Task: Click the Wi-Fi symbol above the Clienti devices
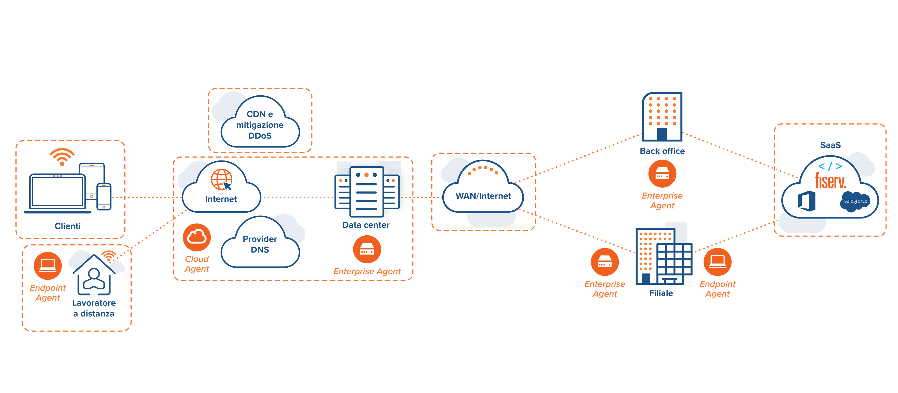pos(62,157)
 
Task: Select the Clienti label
pos(68,226)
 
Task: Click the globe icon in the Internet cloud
pos(221,180)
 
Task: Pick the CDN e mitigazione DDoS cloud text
pos(260,125)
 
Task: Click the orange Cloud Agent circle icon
pos(197,237)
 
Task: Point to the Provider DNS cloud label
pos(260,244)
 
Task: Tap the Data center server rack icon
pos(366,192)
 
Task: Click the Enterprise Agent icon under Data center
pos(367,249)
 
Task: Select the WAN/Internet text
pos(483,196)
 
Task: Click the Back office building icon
pos(662,117)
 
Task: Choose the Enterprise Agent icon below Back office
pos(662,174)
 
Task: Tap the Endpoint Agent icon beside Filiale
pos(718,262)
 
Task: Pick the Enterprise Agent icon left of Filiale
pos(605,262)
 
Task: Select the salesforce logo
pos(855,201)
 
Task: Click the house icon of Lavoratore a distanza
pos(94,275)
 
